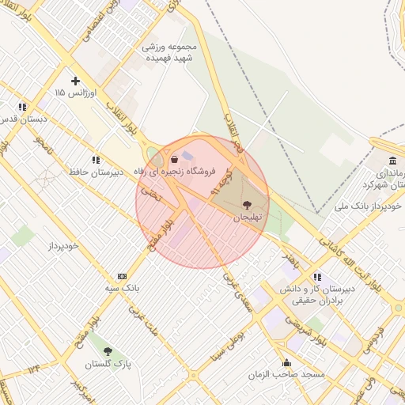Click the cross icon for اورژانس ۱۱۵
tap(76, 81)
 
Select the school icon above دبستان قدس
tap(22, 106)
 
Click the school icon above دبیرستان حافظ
tap(96, 159)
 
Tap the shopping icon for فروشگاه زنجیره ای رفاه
tap(173, 159)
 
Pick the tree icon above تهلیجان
tap(248, 204)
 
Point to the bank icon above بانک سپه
tap(121, 276)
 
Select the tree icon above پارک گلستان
tap(108, 351)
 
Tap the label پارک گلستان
tap(109, 364)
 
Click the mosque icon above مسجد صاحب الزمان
tap(286, 363)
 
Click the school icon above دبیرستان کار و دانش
tap(317, 277)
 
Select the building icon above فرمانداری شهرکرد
tap(393, 161)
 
